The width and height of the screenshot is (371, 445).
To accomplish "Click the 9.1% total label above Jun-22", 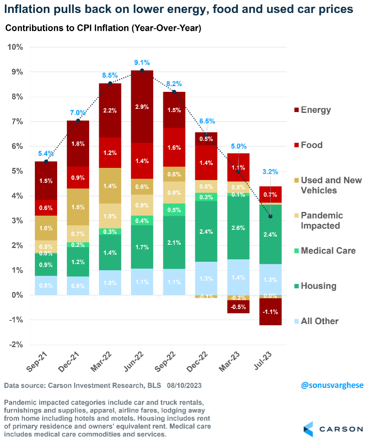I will point(142,63).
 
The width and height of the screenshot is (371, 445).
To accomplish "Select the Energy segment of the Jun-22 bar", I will point(142,106).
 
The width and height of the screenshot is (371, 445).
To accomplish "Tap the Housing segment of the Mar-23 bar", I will point(238,228).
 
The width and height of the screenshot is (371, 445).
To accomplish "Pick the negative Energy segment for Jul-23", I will point(270,311).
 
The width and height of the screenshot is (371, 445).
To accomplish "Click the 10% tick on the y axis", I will point(15,47).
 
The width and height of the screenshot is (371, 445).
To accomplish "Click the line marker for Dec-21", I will point(78,121).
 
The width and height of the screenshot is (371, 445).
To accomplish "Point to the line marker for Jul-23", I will point(270,216).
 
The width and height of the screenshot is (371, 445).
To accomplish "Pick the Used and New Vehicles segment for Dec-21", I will point(78,207).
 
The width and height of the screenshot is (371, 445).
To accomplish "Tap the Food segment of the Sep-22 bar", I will point(174,147).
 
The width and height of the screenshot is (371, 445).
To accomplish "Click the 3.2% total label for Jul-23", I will point(270,172).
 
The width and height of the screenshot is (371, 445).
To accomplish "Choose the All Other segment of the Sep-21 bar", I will point(45,285).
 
